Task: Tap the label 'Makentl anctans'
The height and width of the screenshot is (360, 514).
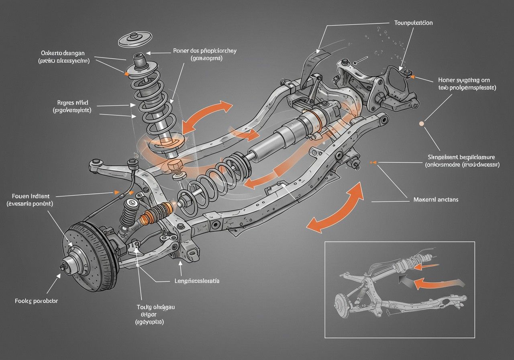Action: [436, 199]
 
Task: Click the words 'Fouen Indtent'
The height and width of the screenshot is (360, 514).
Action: [29, 196]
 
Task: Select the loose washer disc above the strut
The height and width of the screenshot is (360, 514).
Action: [135, 39]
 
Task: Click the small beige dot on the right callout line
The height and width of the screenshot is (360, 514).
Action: [421, 124]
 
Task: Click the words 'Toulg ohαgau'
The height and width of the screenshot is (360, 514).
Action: [156, 307]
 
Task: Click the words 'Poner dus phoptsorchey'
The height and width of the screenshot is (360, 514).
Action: [205, 51]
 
